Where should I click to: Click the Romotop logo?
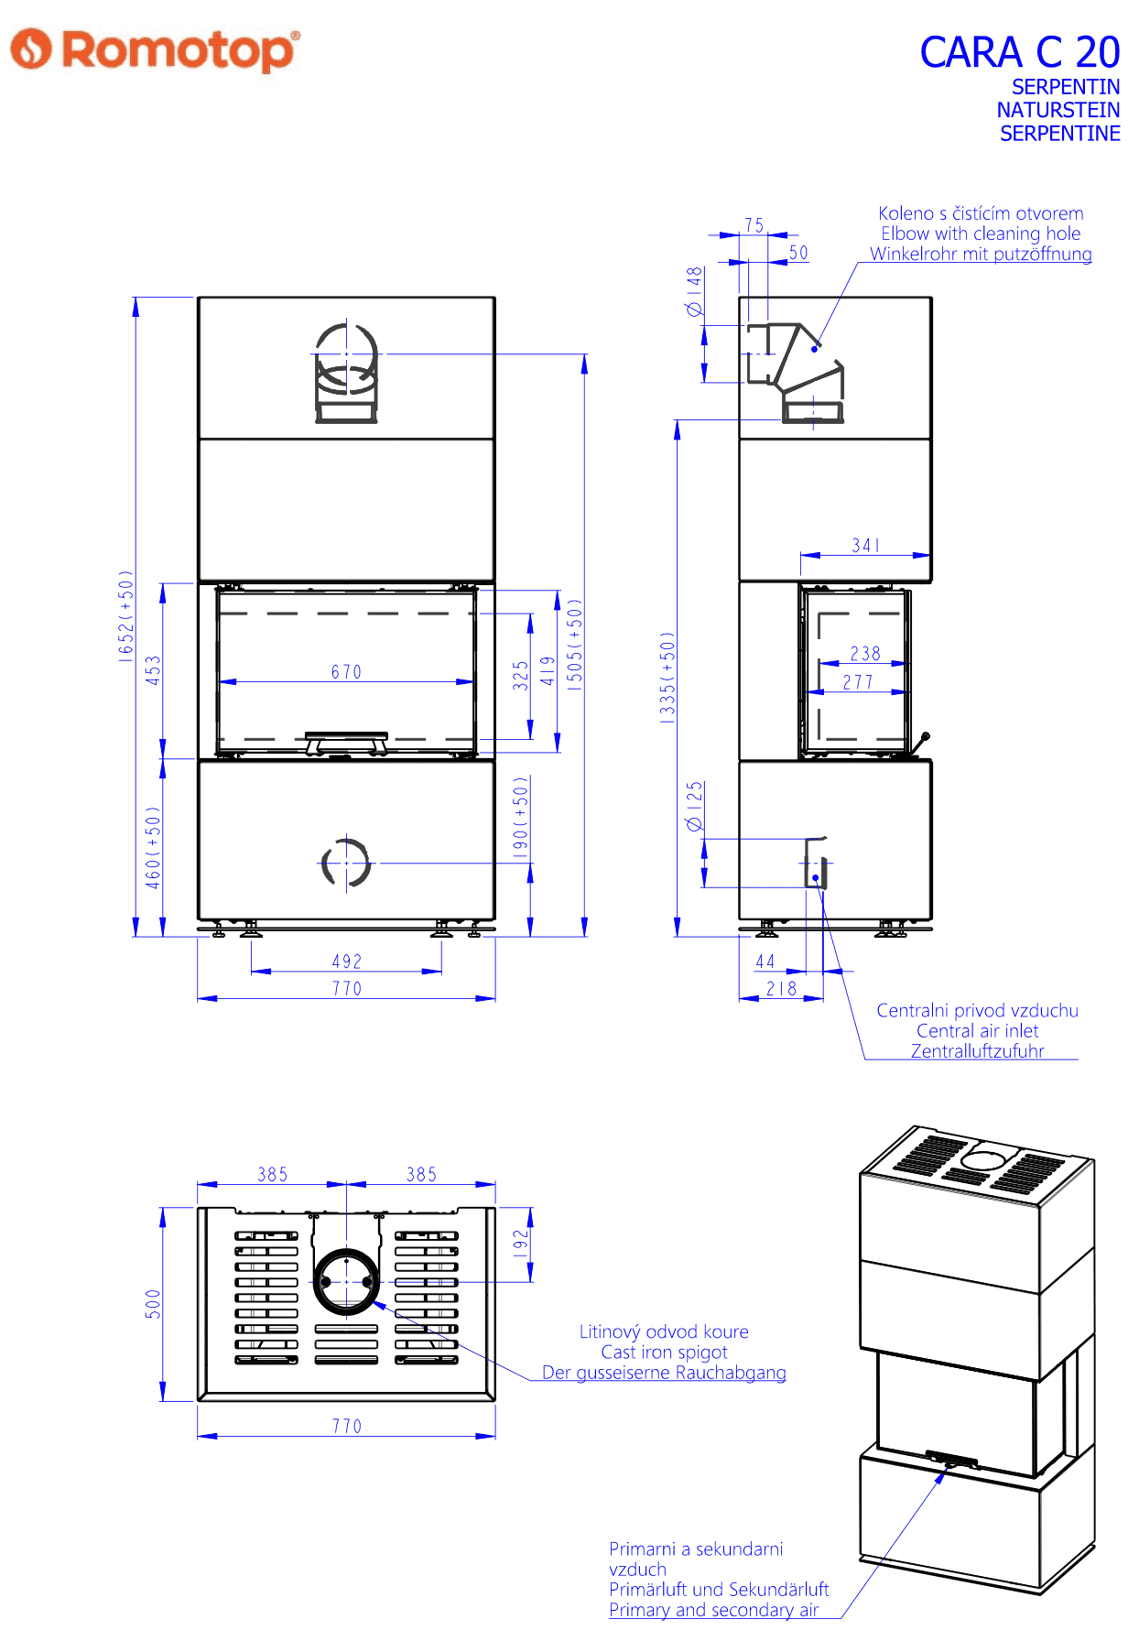155,49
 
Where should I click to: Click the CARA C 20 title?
1020,52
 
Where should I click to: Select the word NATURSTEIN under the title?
1058,110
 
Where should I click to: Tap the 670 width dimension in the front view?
346,672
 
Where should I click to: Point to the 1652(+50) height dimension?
126,615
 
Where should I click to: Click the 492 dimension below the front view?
347,962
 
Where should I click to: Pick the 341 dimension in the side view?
866,546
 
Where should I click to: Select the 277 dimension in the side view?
858,682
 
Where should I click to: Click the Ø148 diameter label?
695,291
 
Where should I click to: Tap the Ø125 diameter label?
695,806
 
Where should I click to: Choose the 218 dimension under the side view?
782,989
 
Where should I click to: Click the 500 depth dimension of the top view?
153,1304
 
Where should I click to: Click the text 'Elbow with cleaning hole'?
981,234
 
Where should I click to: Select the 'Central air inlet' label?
978,1031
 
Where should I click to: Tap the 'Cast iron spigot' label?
664,1353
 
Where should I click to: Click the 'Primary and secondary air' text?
713,1610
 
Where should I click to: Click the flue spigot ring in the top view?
346,1249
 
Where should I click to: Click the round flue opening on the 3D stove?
982,1160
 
